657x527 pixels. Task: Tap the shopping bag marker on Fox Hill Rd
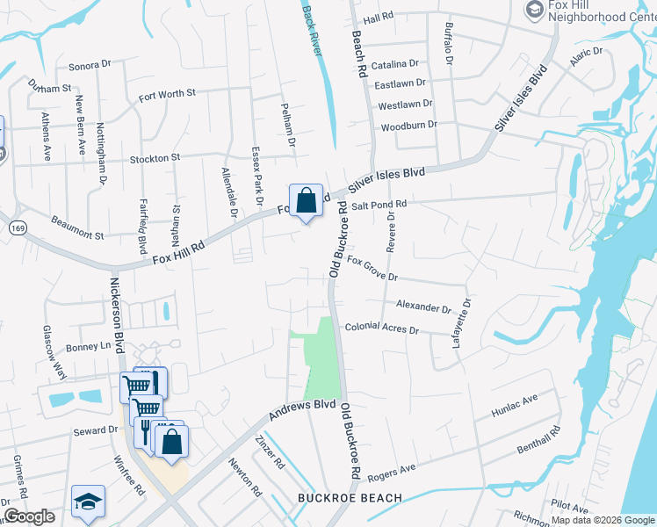coord(306,201)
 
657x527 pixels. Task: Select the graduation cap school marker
coord(88,502)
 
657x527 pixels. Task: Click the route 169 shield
coord(17,227)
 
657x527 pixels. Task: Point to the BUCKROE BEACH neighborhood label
coord(350,498)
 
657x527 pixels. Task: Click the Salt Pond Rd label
coord(379,205)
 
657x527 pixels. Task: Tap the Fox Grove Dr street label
coord(372,269)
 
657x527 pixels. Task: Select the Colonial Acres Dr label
coord(381,328)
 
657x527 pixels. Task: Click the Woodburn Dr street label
coord(408,126)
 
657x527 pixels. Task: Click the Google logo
coord(29,516)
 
